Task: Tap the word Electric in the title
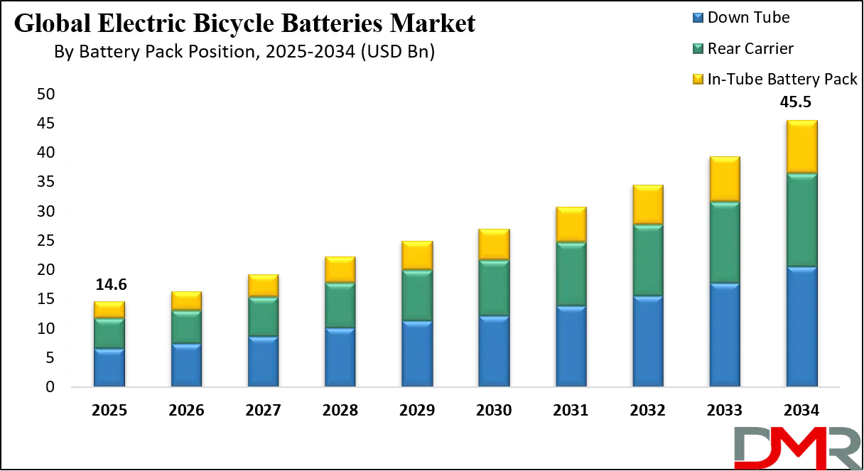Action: point(134,24)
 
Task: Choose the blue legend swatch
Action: point(696,16)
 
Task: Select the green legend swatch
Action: point(696,48)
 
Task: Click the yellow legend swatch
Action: point(696,79)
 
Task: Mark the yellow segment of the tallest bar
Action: point(801,146)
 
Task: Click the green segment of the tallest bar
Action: point(801,220)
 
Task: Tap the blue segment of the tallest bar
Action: point(801,327)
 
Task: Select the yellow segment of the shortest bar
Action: point(109,310)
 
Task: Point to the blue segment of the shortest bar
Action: point(109,367)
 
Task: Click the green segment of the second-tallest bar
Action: point(725,242)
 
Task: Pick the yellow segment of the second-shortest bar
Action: point(186,301)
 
